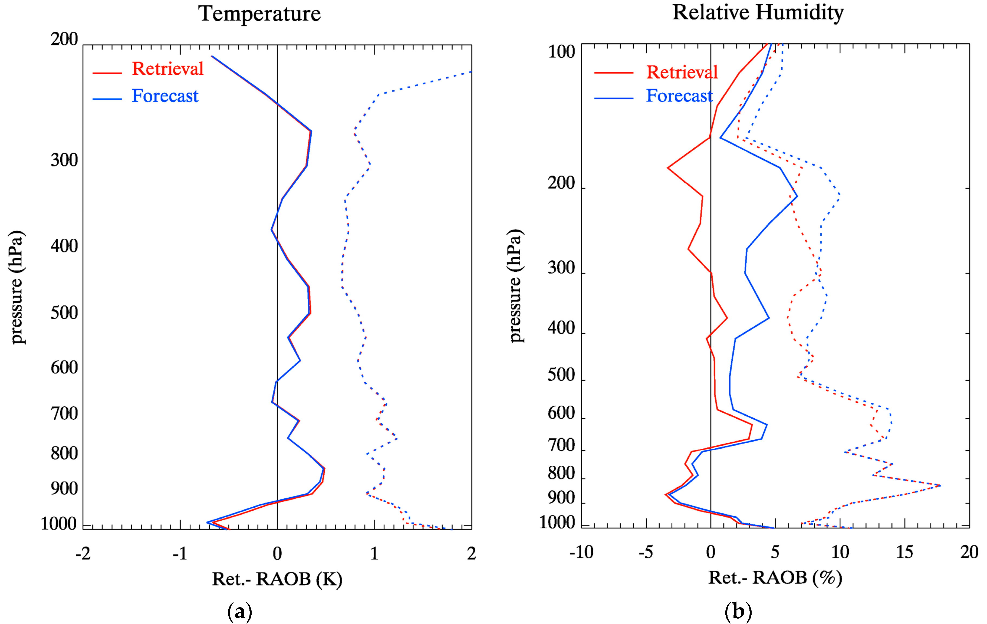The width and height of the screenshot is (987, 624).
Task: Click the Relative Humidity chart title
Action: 758,12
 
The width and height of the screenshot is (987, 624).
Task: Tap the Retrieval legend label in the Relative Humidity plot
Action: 682,72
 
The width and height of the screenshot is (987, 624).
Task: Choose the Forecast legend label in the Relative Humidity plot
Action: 679,96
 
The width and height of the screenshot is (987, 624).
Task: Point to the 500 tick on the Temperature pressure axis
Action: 64,313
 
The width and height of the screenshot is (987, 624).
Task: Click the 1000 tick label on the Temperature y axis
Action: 59,524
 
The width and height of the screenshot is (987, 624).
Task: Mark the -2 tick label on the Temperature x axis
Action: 83,554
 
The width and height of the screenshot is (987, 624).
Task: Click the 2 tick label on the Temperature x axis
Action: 471,554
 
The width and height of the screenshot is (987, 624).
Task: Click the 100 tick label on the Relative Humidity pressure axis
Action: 561,52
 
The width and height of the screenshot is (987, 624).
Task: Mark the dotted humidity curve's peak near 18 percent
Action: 940,486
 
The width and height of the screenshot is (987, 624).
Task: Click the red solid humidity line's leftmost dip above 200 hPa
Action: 668,168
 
